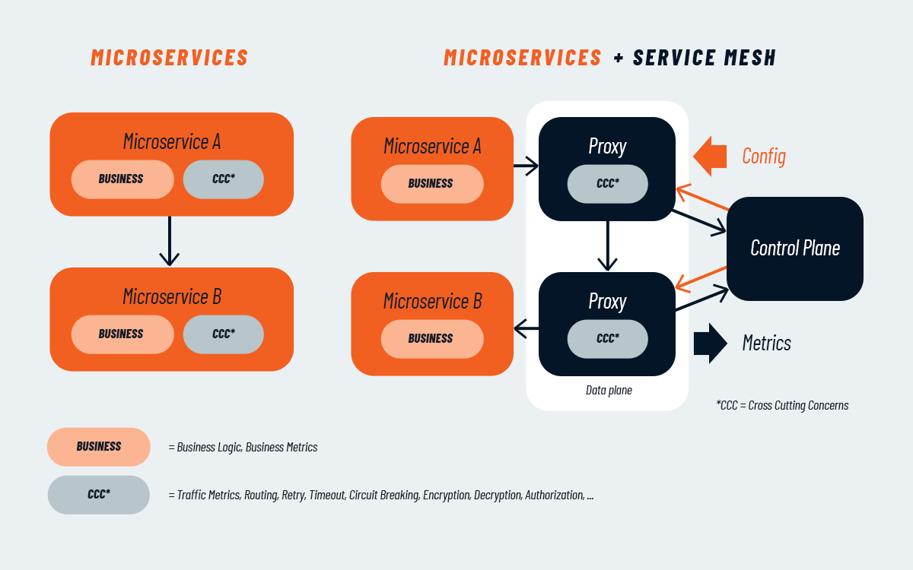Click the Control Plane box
pyautogui.click(x=795, y=249)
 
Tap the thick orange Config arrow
pyautogui.click(x=711, y=156)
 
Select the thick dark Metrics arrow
pyautogui.click(x=711, y=344)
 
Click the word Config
pyautogui.click(x=764, y=157)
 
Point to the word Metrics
pyautogui.click(x=766, y=344)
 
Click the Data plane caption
pyautogui.click(x=609, y=391)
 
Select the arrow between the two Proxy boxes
pyautogui.click(x=607, y=245)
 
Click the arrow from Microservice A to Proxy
pyautogui.click(x=526, y=163)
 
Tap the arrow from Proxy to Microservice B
pyautogui.click(x=526, y=329)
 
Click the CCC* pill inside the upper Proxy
pyautogui.click(x=607, y=184)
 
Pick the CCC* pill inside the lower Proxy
pyautogui.click(x=607, y=339)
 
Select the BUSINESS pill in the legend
pyautogui.click(x=99, y=447)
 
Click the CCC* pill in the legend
pyautogui.click(x=99, y=495)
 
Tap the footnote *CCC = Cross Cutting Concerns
pyautogui.click(x=782, y=406)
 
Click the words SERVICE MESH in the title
pyautogui.click(x=705, y=58)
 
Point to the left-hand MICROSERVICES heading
pyautogui.click(x=170, y=58)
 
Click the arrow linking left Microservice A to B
pyautogui.click(x=169, y=242)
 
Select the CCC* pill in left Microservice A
pyautogui.click(x=224, y=179)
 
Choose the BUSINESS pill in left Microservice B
pyautogui.click(x=122, y=334)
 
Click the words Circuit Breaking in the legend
pyautogui.click(x=384, y=496)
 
